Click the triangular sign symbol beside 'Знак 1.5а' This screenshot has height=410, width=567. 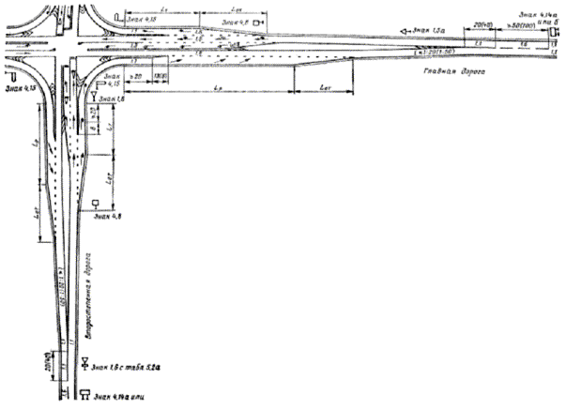[x=404, y=32]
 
